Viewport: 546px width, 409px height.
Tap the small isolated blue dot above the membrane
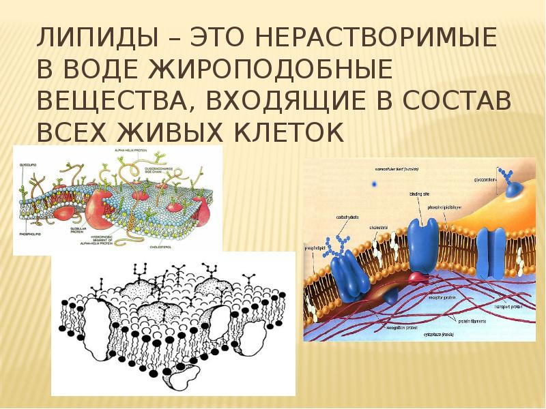[x=373, y=183]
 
